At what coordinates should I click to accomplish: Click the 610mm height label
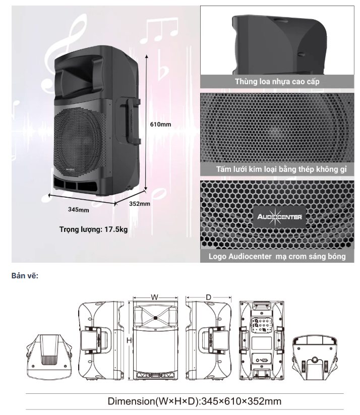160,124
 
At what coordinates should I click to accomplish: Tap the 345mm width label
78,210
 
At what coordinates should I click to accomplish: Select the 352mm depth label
140,204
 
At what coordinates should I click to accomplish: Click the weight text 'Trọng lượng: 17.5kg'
93,229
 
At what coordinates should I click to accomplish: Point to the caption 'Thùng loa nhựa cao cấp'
277,81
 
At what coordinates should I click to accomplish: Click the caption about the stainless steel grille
281,169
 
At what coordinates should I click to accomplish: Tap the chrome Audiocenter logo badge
279,217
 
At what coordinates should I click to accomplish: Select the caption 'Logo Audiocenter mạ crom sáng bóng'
277,256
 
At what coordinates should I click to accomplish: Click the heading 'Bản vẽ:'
25,276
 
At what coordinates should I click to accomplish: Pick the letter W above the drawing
154,297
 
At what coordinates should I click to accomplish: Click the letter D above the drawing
208,298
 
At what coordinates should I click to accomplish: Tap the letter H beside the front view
129,340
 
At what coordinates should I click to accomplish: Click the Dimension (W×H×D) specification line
195,401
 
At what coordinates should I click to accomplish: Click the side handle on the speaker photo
130,121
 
